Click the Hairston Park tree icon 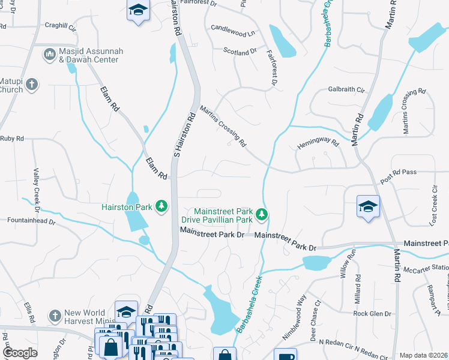[x=161, y=206]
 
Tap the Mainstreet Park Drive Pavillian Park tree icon [x=261, y=214]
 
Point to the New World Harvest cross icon [x=55, y=316]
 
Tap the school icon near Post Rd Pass [x=367, y=207]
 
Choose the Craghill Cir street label [x=61, y=28]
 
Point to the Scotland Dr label [x=240, y=52]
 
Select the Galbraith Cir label [x=346, y=89]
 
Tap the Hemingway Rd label [x=318, y=145]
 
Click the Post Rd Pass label [x=398, y=172]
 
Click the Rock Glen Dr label [x=372, y=314]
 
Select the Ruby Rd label [x=11, y=138]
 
